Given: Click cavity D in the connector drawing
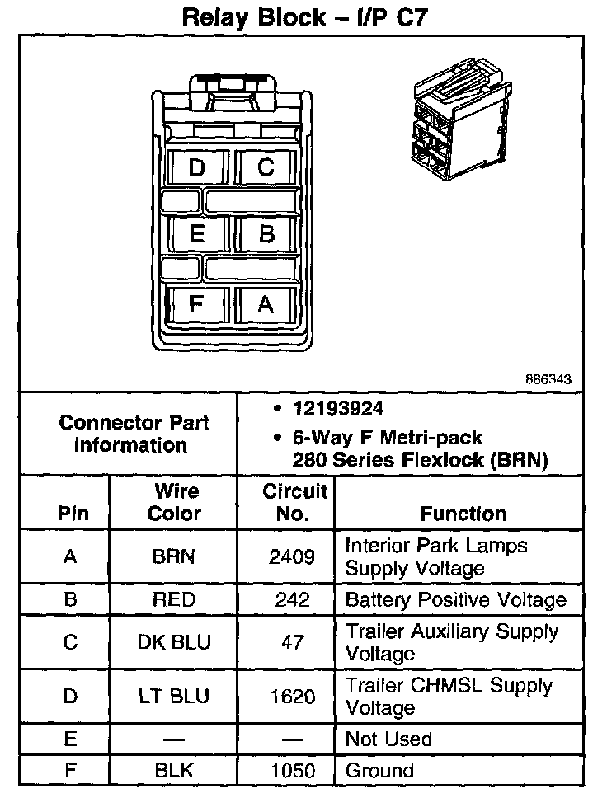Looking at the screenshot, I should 196,167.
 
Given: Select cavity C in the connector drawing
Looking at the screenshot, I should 266,167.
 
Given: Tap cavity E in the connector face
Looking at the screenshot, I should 196,233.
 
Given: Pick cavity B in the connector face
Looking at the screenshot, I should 266,233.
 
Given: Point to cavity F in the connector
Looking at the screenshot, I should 196,304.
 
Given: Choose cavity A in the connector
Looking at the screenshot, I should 266,304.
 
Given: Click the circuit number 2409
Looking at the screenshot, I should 292,556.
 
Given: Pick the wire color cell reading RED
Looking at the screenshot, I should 174,600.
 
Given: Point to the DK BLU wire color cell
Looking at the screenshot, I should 174,642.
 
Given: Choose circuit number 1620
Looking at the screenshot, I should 292,697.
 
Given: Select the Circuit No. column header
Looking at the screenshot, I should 295,503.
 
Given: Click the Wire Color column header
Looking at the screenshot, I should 175,503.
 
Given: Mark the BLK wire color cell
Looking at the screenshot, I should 174,771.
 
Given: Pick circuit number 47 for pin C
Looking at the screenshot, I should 292,642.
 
